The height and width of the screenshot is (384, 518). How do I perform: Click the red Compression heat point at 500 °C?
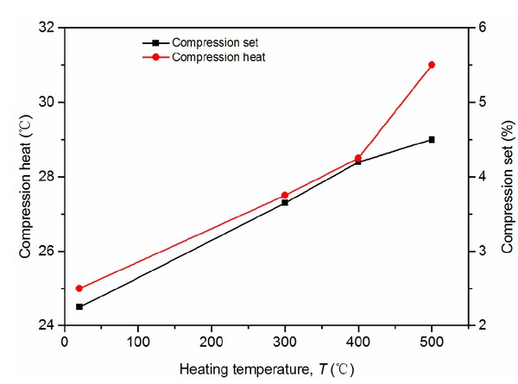tap(432, 65)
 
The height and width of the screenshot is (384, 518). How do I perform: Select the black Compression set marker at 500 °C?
tap(432, 139)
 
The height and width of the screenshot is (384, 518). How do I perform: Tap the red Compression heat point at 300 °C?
tap(285, 195)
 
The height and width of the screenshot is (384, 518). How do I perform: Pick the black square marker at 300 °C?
tap(285, 202)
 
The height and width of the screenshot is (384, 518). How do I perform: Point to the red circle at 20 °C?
tap(79, 288)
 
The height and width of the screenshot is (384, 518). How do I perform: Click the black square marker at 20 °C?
tap(79, 306)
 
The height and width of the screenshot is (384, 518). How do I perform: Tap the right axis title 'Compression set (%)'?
tap(505, 176)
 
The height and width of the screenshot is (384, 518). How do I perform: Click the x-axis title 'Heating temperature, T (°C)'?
tap(267, 368)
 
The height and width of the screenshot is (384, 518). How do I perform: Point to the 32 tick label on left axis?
tap(48, 28)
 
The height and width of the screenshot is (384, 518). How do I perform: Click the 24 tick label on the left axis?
tap(48, 325)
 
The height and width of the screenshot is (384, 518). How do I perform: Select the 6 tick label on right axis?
tap(483, 28)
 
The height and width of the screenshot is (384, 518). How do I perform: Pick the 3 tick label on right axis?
tap(483, 251)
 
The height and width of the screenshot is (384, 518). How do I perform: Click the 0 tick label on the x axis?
tap(65, 342)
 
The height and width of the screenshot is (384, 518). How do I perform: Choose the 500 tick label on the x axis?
tap(432, 342)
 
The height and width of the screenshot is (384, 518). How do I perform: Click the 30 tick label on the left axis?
tap(48, 102)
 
